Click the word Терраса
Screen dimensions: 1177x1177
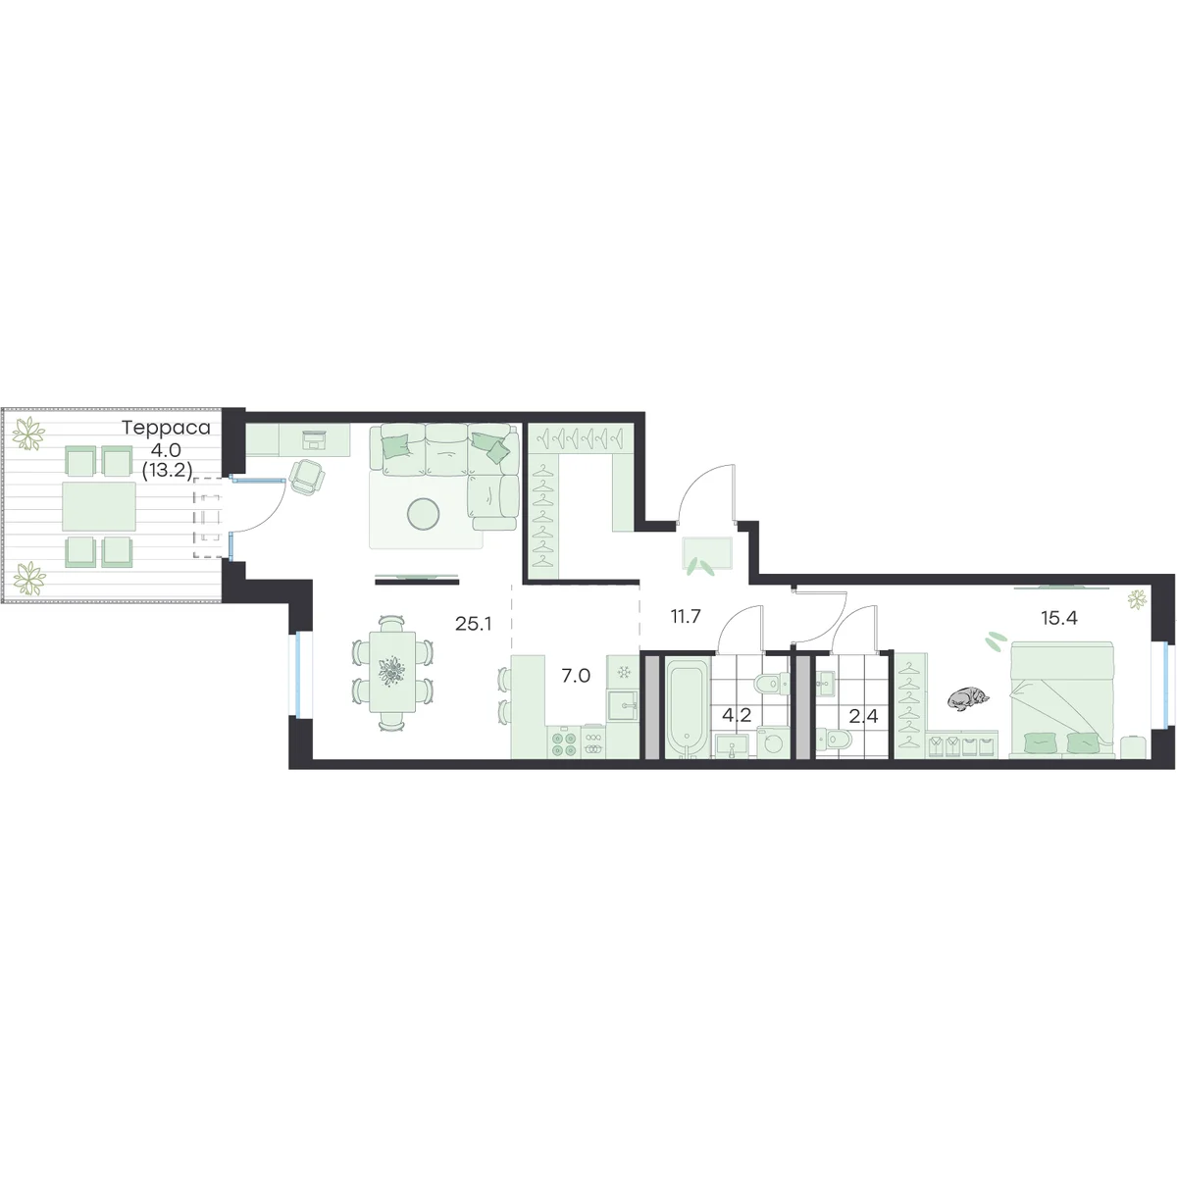[x=166, y=428]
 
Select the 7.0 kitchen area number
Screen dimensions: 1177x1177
[x=576, y=676]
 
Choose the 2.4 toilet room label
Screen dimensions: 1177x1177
[x=864, y=716]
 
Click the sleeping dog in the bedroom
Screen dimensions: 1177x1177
[x=968, y=699]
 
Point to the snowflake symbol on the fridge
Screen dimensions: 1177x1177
[x=624, y=673]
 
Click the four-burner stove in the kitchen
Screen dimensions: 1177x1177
[x=563, y=742]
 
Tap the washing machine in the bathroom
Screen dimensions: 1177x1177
[x=773, y=742]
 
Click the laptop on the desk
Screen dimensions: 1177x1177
[x=315, y=438]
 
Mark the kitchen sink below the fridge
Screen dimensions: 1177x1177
[x=623, y=706]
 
